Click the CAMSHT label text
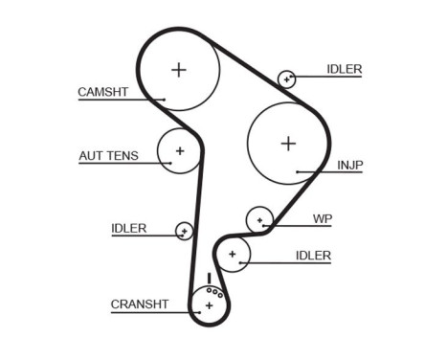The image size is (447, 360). tap(101, 92)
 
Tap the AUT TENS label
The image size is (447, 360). tap(108, 155)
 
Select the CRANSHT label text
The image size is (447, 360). tap(140, 304)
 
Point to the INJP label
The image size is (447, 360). tap(350, 165)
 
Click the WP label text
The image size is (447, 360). tap(323, 218)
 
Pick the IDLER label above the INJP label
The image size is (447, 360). tap(344, 69)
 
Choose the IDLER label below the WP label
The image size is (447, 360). tap(313, 255)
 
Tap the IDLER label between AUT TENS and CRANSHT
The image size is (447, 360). tap(129, 228)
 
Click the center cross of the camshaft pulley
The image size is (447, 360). tap(178, 69)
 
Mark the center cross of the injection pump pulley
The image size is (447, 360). tap(288, 143)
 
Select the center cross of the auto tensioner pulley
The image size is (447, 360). tap(179, 150)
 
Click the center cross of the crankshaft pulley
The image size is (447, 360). tap(209, 305)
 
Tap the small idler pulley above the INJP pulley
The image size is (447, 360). tap(286, 79)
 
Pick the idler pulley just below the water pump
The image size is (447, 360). tap(232, 254)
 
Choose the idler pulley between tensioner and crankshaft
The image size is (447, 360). tap(184, 231)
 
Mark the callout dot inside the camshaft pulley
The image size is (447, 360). tap(165, 99)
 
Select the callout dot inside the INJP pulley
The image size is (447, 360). tap(298, 172)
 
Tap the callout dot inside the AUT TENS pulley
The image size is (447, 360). tap(170, 163)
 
